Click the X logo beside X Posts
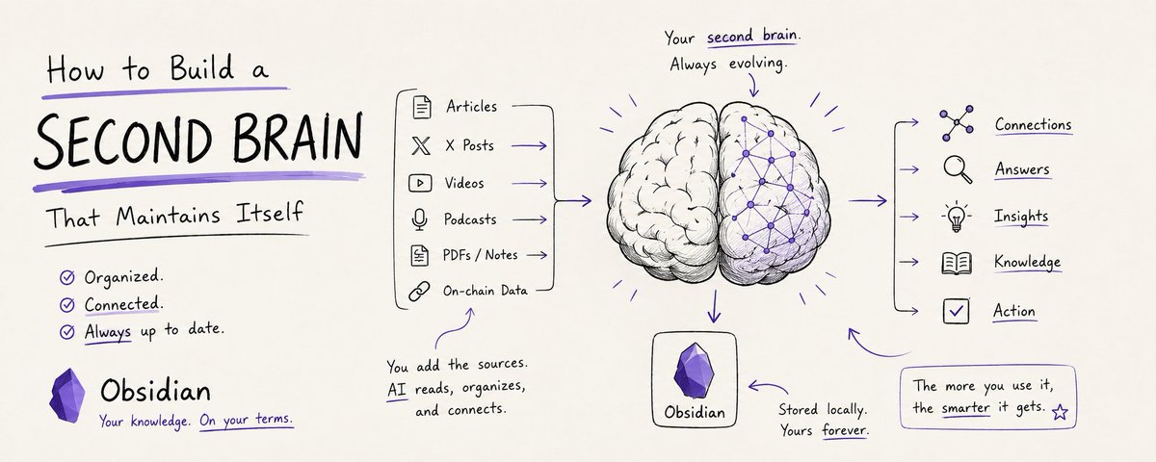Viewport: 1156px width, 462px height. (421, 145)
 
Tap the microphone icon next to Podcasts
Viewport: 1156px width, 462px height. (419, 219)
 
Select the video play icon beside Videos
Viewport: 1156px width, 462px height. (420, 183)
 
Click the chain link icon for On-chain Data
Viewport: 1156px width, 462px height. (420, 292)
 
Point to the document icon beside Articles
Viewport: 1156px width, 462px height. (422, 107)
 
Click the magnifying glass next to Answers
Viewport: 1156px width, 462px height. (958, 169)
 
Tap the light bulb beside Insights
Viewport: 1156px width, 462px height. (957, 217)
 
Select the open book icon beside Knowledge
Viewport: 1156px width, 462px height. (957, 263)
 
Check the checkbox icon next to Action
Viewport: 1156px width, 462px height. (956, 311)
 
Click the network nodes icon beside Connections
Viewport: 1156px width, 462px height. (958, 123)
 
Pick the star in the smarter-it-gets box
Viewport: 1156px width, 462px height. (1060, 412)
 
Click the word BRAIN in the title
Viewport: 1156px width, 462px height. (298, 137)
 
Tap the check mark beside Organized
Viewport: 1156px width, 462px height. (67, 278)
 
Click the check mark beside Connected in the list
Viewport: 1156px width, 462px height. (67, 305)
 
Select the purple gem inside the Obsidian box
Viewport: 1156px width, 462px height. (695, 371)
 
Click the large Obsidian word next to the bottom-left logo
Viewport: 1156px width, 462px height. (155, 391)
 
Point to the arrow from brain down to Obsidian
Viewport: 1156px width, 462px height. (714, 306)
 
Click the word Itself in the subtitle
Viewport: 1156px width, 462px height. (270, 213)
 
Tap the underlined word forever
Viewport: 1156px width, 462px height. (844, 429)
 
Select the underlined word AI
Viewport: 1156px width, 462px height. (396, 388)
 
